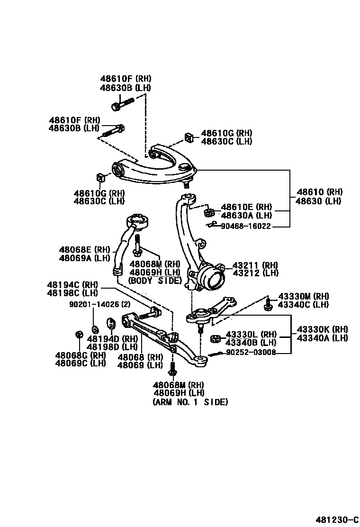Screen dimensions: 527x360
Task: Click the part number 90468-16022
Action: (x=246, y=227)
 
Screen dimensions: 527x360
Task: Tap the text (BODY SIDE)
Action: (x=155, y=280)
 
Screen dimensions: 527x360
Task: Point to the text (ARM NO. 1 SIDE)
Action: (x=190, y=402)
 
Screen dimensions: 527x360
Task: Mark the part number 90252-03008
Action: (x=251, y=353)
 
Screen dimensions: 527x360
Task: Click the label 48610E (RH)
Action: (x=247, y=207)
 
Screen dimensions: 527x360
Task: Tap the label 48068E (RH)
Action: (x=84, y=250)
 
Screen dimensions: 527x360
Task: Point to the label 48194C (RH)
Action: (x=72, y=285)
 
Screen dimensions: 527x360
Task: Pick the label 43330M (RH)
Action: (x=303, y=296)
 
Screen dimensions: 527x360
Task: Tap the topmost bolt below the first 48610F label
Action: (x=122, y=103)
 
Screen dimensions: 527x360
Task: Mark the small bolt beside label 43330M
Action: (x=268, y=305)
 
